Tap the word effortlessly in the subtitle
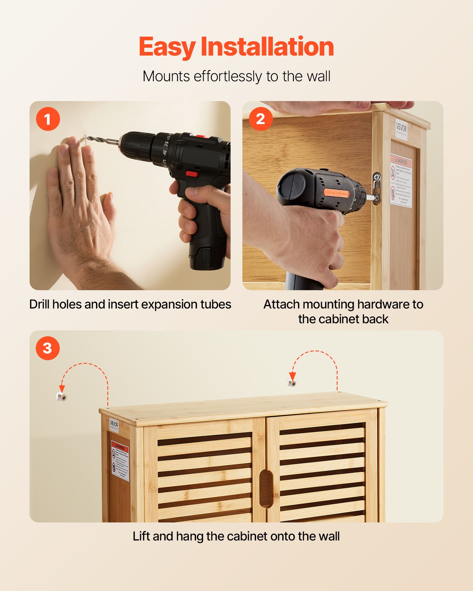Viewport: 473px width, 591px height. [227, 77]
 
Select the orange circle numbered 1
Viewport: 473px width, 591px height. [48, 119]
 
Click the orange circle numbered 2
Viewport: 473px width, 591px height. [260, 119]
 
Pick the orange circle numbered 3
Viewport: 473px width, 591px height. [48, 348]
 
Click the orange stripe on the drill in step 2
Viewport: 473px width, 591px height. [336, 193]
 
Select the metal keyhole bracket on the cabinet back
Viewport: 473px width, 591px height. [376, 189]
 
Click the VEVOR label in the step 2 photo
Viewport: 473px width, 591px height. [401, 129]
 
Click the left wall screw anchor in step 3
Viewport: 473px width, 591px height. [61, 397]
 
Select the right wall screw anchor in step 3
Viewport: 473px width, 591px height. [291, 383]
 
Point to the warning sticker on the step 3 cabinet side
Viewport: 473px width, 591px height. [120, 461]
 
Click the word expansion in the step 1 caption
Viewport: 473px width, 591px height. [169, 304]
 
